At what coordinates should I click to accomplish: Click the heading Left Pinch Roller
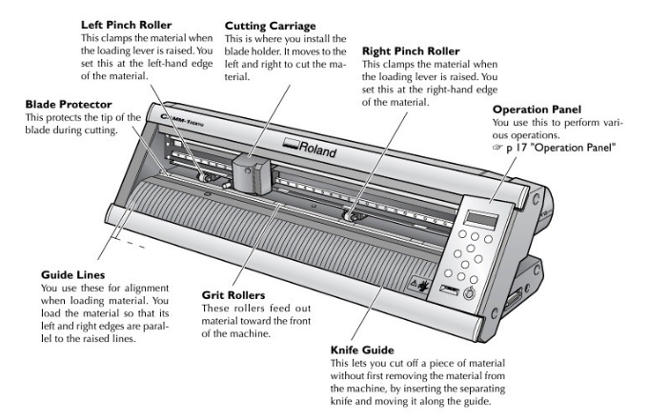127,23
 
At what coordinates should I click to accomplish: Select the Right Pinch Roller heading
411,50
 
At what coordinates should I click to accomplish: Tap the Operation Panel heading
537,110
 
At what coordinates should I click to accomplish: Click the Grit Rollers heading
233,295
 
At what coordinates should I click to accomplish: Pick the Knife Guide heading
361,350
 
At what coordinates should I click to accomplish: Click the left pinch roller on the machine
203,175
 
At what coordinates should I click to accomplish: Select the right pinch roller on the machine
355,216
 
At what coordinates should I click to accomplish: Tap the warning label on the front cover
421,283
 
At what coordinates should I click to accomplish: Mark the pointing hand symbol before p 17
498,148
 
